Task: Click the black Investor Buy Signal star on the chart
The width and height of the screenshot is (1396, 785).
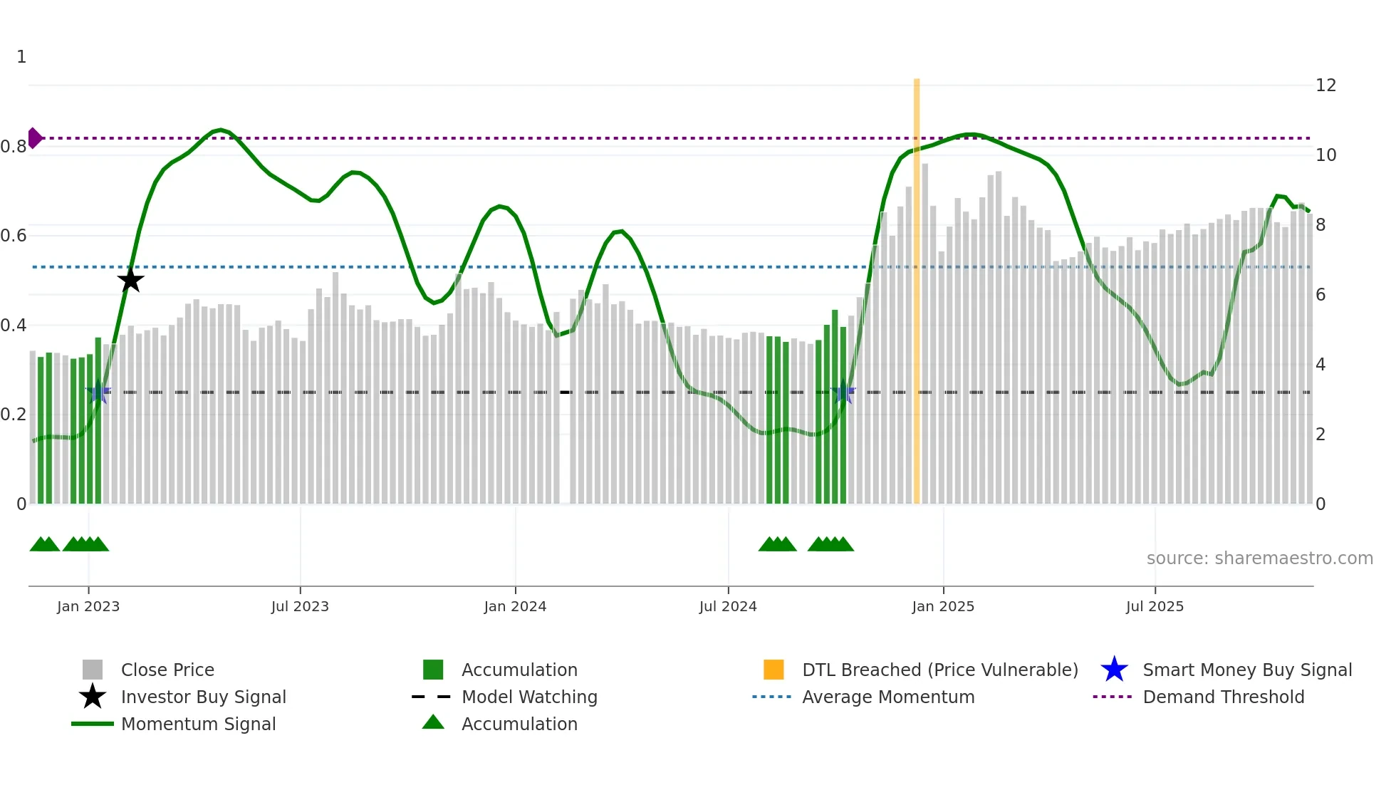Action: [130, 280]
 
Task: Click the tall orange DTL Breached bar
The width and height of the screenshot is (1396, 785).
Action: [917, 292]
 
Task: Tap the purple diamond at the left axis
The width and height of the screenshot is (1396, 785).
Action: [34, 138]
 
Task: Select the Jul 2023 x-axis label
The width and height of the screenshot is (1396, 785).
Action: [300, 606]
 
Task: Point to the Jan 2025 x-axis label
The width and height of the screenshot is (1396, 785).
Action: [943, 606]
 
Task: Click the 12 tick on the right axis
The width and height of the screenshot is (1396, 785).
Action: [1325, 85]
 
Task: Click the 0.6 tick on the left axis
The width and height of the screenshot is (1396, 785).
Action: [14, 236]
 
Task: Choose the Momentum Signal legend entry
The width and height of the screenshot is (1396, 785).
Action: [198, 724]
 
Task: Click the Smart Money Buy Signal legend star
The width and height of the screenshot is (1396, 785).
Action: [1114, 670]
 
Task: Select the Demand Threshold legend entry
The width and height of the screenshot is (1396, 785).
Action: [1223, 697]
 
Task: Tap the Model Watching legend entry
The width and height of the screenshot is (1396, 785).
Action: [529, 697]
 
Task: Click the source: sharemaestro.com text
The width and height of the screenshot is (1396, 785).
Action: [1259, 558]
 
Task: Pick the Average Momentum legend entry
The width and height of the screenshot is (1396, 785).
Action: [888, 697]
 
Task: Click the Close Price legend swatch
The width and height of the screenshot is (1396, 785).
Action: [93, 670]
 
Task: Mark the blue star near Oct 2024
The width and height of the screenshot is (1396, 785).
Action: [843, 392]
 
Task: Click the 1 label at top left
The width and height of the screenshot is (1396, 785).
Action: [21, 57]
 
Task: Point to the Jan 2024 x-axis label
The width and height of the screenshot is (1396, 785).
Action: [515, 606]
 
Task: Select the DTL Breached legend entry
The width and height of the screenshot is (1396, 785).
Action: [939, 670]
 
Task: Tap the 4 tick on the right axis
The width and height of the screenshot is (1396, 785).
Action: [1321, 365]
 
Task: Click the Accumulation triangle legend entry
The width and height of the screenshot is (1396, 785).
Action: [519, 724]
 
